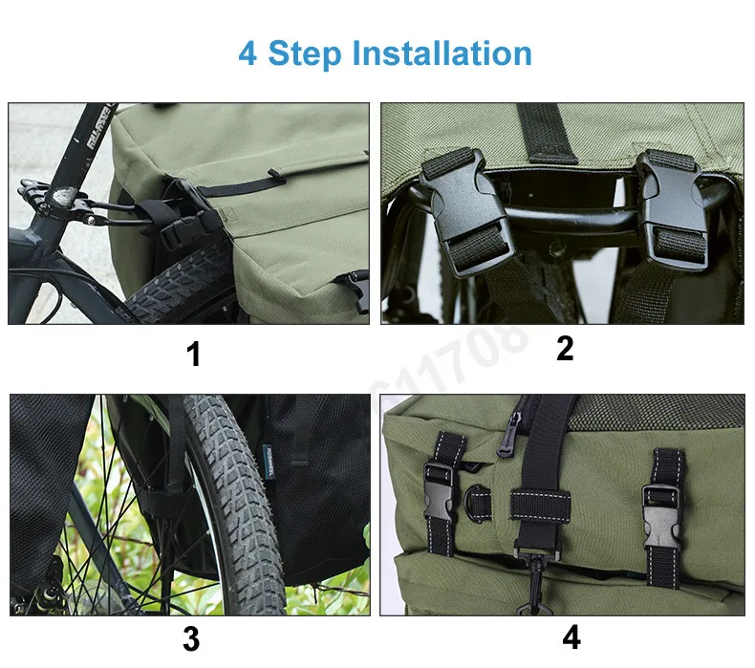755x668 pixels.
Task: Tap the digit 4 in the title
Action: (248, 53)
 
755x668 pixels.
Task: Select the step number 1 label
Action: (194, 355)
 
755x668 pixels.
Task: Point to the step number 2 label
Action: (565, 349)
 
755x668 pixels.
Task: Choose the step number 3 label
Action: (191, 639)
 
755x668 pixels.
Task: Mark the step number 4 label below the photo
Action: (572, 637)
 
